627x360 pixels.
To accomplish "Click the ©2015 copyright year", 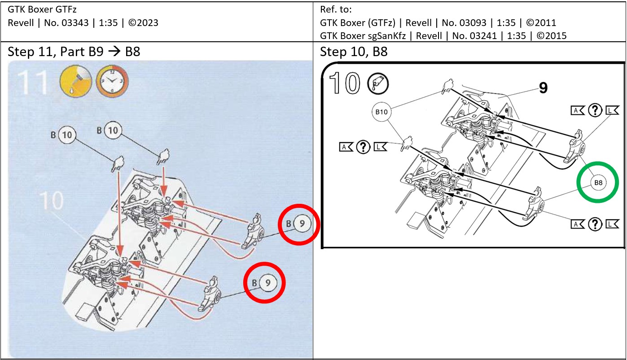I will click(552, 35).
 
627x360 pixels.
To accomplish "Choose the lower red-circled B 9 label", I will click(264, 283).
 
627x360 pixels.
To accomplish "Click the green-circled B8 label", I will click(597, 183).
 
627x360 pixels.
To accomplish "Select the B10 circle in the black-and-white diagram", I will click(381, 112).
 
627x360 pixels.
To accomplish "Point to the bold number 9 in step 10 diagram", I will click(543, 88).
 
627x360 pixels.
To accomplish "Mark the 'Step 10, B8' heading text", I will click(353, 52).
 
